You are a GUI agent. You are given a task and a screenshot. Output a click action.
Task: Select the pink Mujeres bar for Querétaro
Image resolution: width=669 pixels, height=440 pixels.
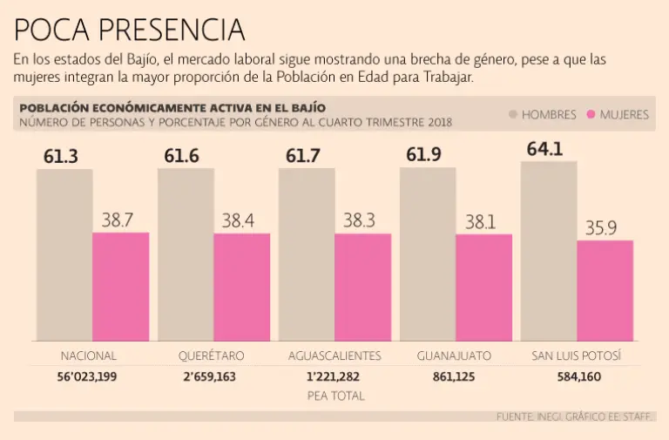tap(241, 287)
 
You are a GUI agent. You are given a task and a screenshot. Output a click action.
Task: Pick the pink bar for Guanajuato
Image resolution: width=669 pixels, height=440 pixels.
tap(483, 288)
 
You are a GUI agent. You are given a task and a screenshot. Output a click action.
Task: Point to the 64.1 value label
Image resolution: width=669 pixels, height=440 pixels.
tap(544, 148)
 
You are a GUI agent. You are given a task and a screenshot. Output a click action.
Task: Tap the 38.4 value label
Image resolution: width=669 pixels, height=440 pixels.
tap(238, 221)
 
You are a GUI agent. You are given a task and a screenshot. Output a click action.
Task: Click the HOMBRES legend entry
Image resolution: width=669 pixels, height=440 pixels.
tap(543, 115)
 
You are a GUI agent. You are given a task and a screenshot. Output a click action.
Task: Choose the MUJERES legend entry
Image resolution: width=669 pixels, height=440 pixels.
tap(618, 115)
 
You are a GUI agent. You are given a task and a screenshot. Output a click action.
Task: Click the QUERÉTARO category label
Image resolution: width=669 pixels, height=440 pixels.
tap(211, 355)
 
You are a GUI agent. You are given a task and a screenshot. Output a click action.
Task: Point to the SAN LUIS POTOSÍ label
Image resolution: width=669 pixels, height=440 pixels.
tap(576, 355)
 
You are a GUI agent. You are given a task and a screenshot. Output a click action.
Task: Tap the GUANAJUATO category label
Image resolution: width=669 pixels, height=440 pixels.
tap(454, 355)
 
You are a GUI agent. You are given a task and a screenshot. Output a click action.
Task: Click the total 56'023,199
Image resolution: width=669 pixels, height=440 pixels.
tap(88, 377)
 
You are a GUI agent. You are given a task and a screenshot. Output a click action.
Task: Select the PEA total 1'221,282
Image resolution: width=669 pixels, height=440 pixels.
tap(332, 377)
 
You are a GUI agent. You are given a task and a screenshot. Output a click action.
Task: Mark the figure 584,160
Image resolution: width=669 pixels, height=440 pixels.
tap(576, 377)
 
